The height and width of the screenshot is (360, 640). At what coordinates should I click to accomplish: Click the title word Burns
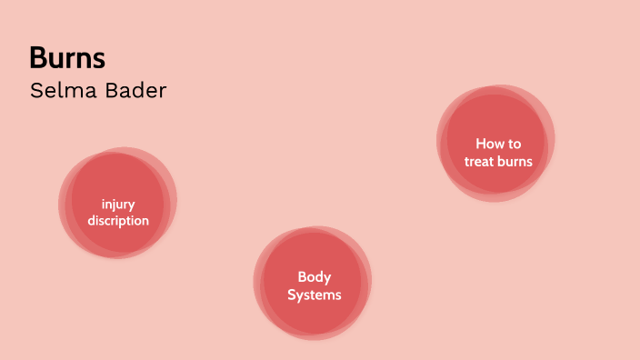pyautogui.click(x=67, y=58)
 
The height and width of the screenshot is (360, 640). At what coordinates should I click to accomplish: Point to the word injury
pyautogui.click(x=118, y=204)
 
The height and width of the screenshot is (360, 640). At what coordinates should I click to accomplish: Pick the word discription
pyautogui.click(x=118, y=220)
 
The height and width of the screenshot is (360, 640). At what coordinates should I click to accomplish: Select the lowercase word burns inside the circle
pyautogui.click(x=515, y=162)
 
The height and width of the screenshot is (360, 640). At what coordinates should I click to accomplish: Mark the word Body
pyautogui.click(x=315, y=277)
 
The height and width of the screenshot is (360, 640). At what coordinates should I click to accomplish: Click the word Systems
pyautogui.click(x=315, y=295)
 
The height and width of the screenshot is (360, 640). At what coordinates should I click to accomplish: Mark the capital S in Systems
pyautogui.click(x=292, y=295)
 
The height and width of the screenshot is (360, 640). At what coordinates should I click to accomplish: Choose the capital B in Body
pyautogui.click(x=302, y=277)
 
